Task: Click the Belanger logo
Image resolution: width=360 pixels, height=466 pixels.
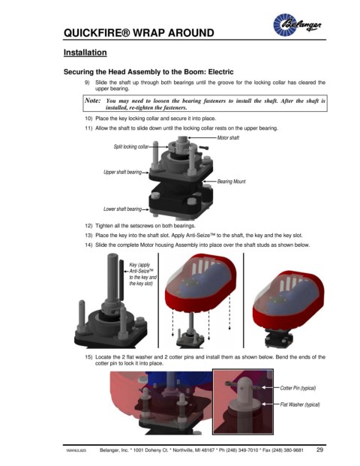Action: [297, 25]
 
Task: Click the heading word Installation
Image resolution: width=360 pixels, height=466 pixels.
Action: [85, 53]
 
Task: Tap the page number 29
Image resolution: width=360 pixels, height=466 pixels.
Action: [320, 449]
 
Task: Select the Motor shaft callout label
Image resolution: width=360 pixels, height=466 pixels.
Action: [228, 137]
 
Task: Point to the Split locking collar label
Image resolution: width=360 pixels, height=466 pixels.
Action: [131, 146]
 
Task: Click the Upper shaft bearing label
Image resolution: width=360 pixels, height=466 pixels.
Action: [123, 172]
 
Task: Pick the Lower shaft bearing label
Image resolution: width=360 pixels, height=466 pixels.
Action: [123, 209]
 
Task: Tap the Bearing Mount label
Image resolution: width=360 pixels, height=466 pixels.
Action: [232, 182]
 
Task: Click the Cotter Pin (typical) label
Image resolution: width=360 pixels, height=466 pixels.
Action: [298, 388]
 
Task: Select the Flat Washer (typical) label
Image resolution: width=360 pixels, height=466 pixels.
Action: [300, 404]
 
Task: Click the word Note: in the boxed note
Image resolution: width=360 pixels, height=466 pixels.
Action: [93, 101]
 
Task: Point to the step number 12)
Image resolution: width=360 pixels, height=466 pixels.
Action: [88, 226]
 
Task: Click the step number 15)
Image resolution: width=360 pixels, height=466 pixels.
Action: [88, 357]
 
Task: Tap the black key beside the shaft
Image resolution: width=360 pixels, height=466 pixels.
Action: [121, 280]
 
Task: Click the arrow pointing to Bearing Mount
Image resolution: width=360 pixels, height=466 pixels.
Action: [209, 181]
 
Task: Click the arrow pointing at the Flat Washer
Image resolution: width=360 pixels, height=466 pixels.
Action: [270, 404]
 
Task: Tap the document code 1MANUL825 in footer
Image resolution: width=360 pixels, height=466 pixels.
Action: [76, 451]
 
